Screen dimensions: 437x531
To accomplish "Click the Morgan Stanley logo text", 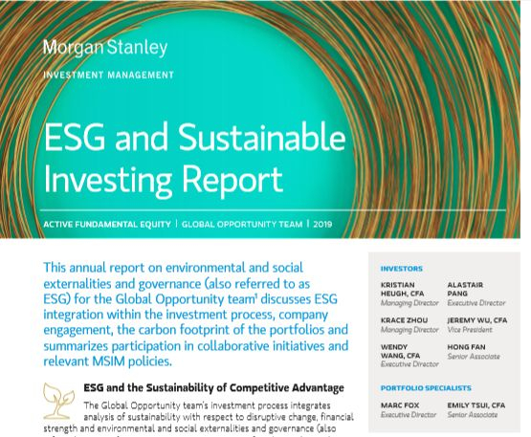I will [x=105, y=47].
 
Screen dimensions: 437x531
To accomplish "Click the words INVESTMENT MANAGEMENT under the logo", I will [x=108, y=75].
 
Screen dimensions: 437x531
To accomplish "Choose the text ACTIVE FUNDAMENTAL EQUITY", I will [x=106, y=225].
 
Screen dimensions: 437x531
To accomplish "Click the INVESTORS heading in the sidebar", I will [x=401, y=269].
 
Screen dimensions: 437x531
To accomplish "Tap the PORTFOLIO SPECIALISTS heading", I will [x=426, y=388].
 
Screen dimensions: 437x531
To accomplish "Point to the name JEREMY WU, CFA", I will [x=476, y=320].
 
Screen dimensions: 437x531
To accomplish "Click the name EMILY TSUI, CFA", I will [x=484, y=404].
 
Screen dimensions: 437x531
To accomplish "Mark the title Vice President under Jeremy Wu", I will [x=470, y=330].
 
